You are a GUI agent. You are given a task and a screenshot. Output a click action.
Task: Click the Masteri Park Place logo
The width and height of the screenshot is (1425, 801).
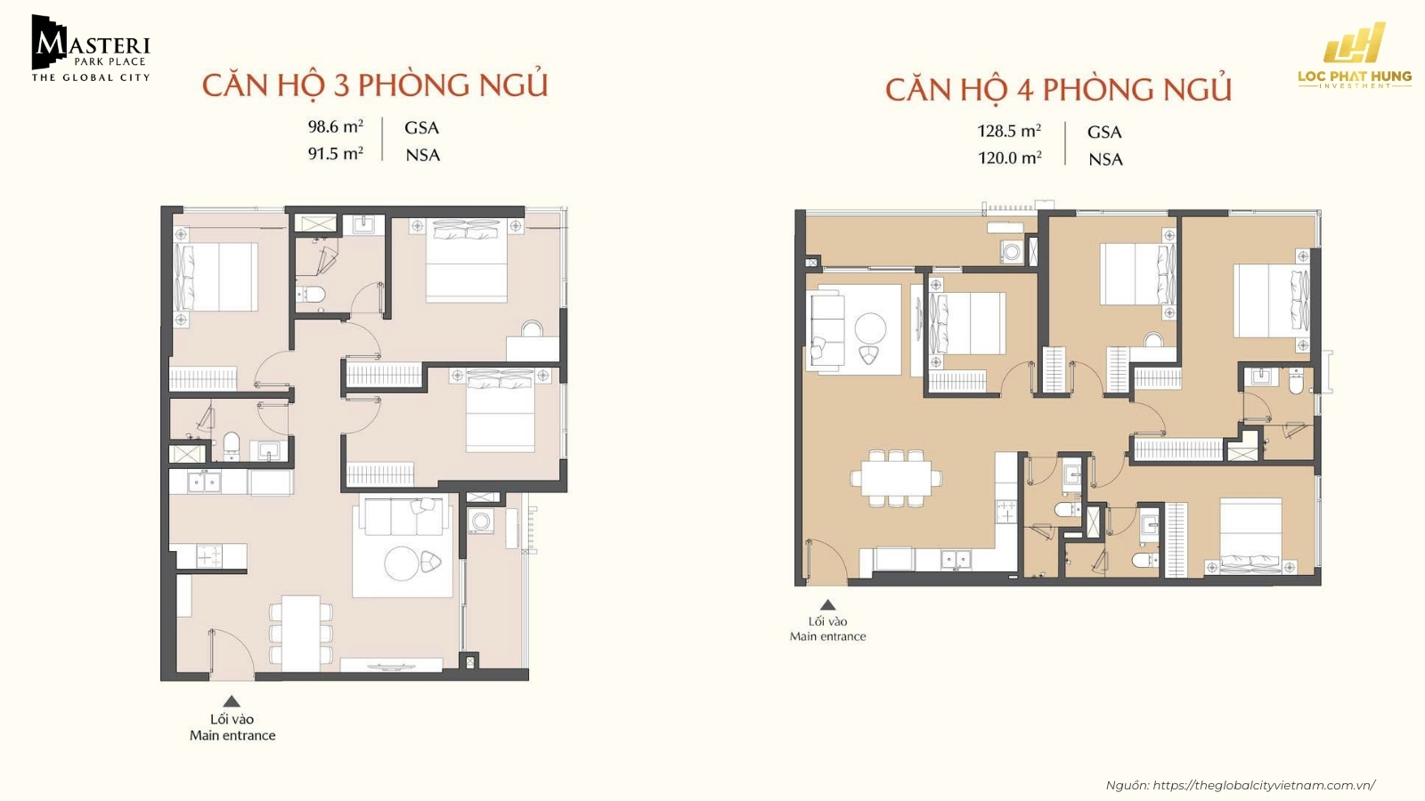90,50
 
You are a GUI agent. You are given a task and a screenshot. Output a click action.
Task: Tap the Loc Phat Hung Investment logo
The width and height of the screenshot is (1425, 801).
1354,55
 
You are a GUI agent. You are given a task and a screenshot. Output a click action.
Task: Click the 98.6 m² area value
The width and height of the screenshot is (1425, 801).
335,127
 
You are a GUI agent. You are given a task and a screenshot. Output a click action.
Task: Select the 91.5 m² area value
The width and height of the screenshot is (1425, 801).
335,154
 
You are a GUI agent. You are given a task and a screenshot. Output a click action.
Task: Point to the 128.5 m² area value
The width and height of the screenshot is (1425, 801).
1009,131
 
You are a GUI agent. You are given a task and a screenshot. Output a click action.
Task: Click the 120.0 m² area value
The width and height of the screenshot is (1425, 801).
1009,158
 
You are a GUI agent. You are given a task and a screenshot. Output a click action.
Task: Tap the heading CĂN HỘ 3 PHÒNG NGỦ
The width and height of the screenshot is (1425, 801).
374,85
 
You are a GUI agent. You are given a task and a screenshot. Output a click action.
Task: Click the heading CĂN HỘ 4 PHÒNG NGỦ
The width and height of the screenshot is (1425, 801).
1058,90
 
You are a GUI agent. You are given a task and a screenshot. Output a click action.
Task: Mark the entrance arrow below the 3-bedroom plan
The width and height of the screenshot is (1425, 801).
232,701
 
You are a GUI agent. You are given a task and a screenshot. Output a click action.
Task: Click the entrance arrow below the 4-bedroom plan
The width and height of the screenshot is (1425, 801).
827,604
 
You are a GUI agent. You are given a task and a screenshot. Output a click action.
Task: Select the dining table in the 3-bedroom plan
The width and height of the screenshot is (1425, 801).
301,633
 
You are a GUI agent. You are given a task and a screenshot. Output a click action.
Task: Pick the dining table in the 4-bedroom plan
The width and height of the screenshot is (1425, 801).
896,477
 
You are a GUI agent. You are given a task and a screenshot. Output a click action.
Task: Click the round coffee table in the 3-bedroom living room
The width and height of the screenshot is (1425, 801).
401,562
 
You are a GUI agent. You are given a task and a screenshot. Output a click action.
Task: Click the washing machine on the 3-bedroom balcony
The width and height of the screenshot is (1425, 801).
481,522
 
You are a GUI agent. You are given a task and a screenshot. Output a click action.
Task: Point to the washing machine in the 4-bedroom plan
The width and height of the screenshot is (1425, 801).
1012,252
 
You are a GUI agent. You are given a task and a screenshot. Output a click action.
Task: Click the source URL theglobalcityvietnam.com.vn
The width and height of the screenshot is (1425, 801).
1263,785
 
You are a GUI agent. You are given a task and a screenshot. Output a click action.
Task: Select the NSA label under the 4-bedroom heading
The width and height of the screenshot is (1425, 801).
1105,159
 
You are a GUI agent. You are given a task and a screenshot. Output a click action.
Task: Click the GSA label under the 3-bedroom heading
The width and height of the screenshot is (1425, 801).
421,127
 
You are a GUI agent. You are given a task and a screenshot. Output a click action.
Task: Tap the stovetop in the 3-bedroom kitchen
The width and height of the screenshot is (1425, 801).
210,557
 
